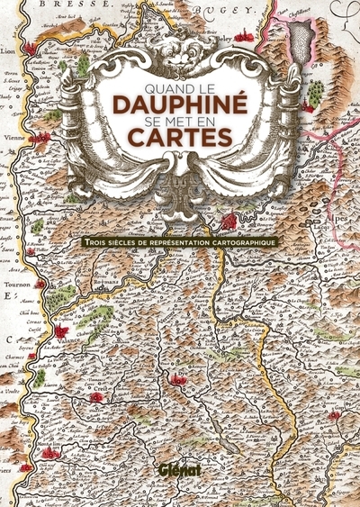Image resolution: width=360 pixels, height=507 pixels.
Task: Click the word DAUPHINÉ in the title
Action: (x=179, y=106)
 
